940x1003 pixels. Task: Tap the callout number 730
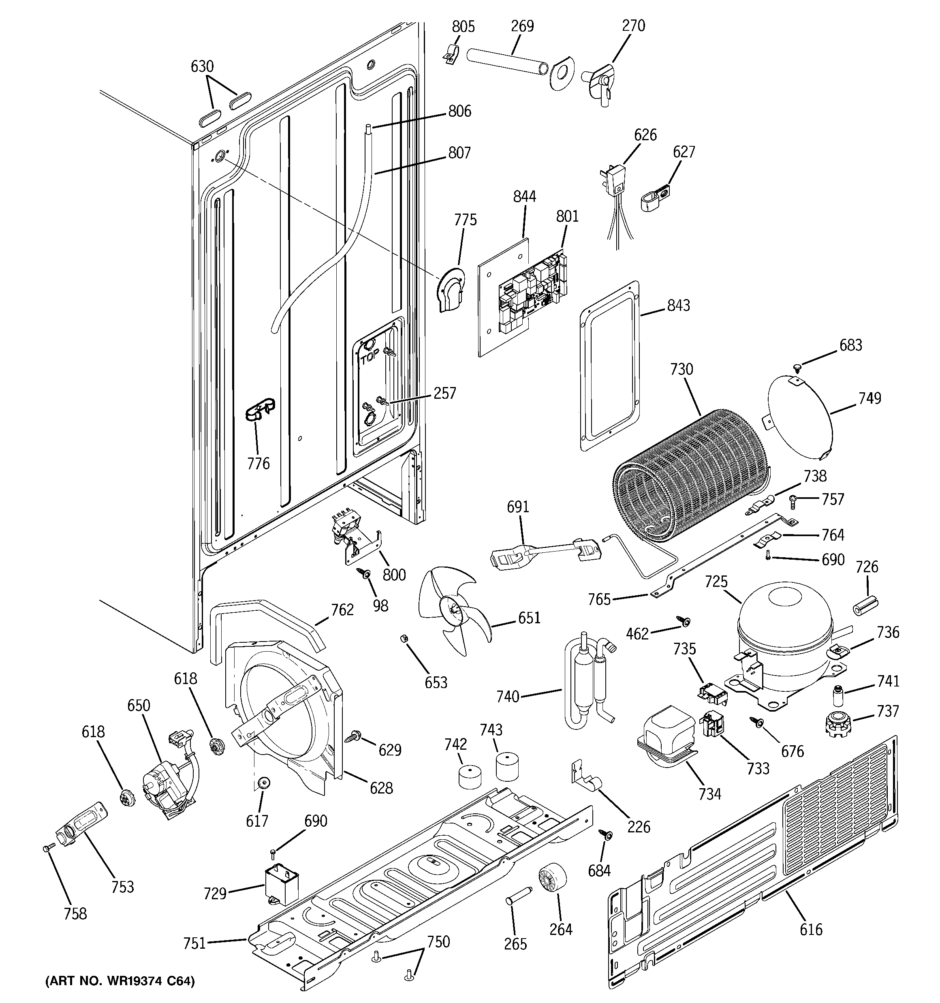coord(681,369)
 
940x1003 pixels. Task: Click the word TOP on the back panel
coord(370,358)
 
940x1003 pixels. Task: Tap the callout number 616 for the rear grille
coord(811,929)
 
